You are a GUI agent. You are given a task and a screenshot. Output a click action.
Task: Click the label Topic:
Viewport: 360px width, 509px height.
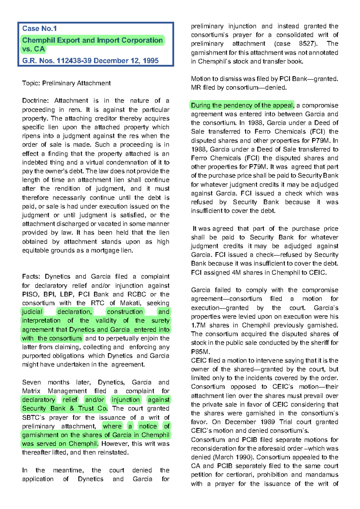click(31, 83)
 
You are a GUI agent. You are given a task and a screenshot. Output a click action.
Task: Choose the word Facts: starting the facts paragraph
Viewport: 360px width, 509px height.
click(31, 276)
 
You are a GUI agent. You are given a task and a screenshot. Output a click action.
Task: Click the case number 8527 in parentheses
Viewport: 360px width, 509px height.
click(307, 44)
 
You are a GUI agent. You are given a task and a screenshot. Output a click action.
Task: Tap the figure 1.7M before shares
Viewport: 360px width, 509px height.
click(198, 325)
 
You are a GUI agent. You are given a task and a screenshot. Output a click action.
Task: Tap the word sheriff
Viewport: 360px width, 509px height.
click(318, 343)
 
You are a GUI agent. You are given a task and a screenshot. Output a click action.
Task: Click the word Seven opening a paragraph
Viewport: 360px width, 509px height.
click(31, 382)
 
